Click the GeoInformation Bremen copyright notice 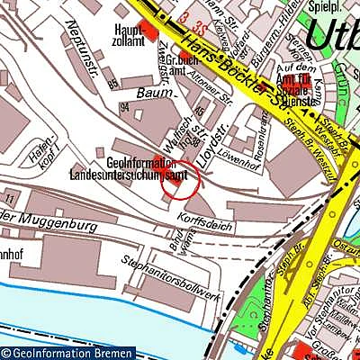click(67, 353)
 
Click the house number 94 click(125, 106)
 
